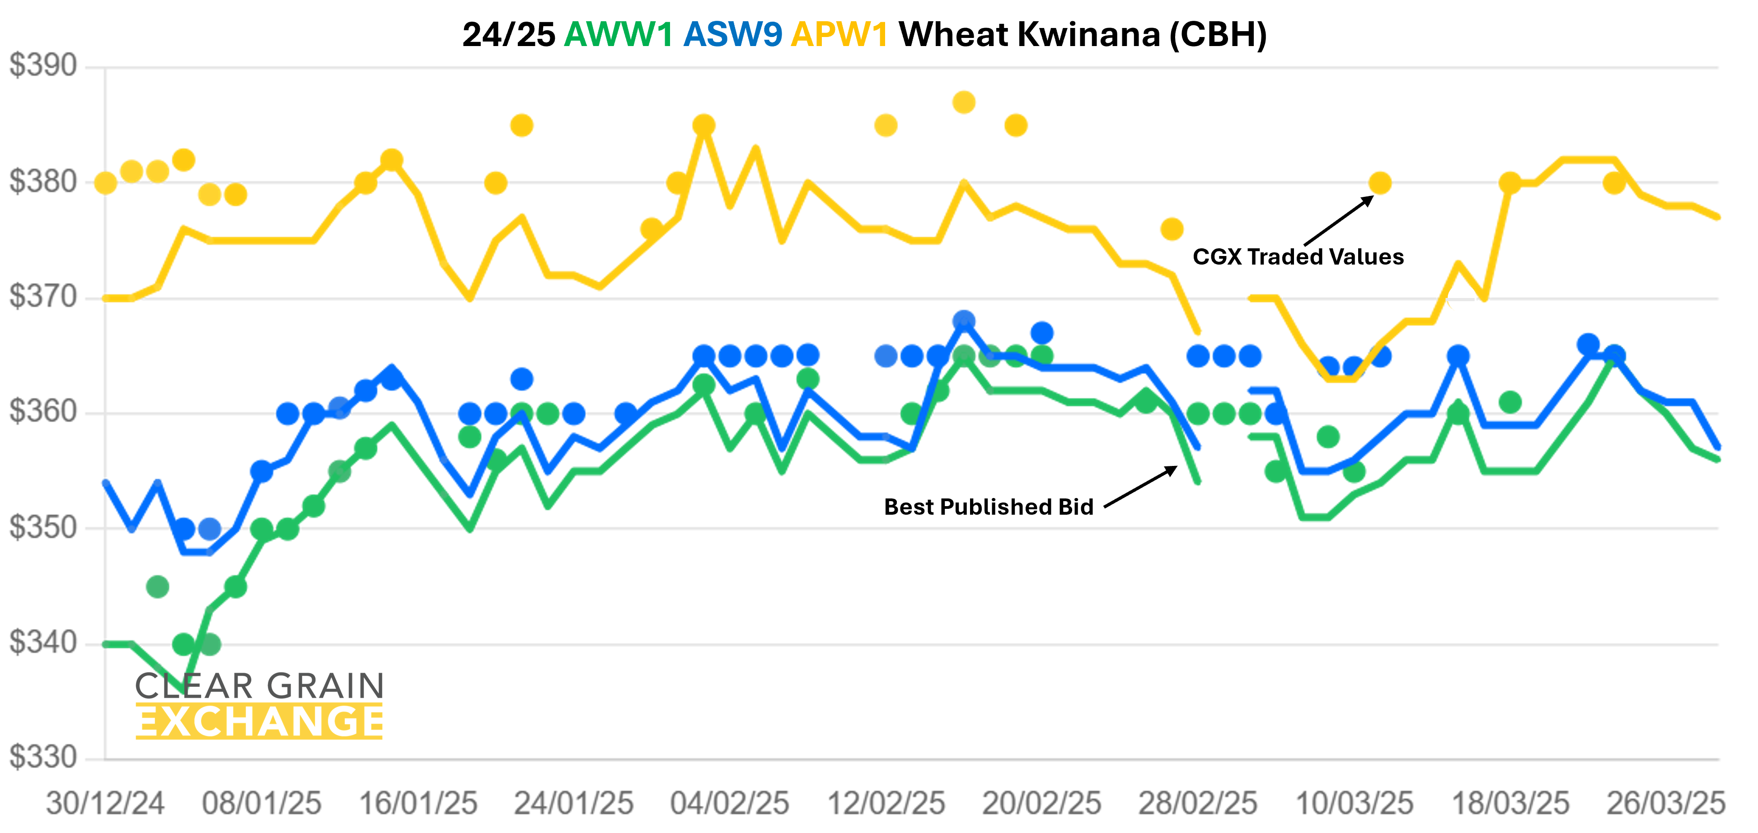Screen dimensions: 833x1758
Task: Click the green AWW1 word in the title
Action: [618, 34]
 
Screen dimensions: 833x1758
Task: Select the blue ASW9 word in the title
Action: [732, 34]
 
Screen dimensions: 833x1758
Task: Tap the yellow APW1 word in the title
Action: [839, 34]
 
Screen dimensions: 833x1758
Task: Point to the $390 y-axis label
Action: [43, 66]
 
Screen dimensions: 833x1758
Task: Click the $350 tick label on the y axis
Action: [43, 527]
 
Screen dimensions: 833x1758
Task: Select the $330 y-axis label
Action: [43, 757]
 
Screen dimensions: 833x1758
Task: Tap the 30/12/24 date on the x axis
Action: [105, 804]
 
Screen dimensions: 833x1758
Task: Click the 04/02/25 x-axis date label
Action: [730, 804]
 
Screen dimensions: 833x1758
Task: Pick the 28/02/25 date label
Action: [1198, 804]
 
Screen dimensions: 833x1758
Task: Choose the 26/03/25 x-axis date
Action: [1666, 804]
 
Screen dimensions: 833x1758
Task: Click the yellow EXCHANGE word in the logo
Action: [259, 722]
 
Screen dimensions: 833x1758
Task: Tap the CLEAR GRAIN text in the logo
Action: [259, 686]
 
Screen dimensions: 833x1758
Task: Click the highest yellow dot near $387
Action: [964, 102]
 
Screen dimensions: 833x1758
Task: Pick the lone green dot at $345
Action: [158, 587]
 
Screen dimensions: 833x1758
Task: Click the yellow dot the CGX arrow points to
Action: [1380, 183]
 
